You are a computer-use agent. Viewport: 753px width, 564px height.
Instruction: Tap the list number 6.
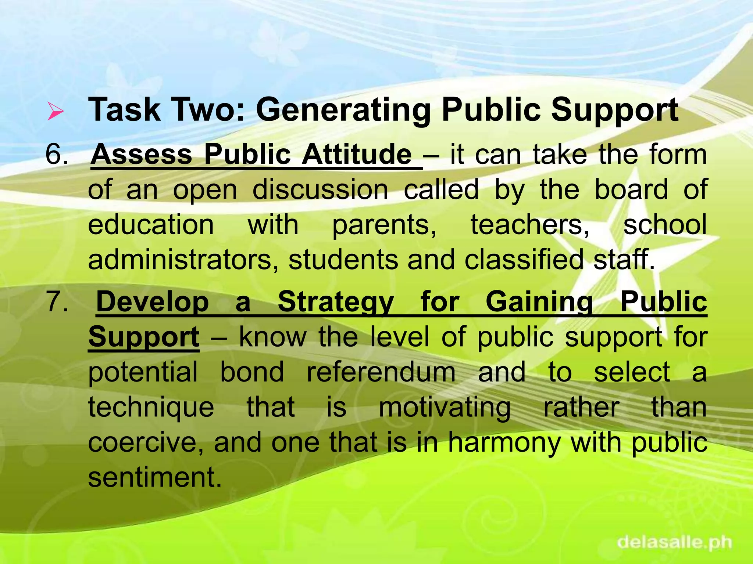[57, 154]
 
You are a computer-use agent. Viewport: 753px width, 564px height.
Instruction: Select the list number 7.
[57, 302]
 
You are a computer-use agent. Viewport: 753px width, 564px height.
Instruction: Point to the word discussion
[320, 190]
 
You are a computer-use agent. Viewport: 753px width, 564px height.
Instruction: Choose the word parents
[384, 225]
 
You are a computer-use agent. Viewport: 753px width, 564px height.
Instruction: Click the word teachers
[530, 224]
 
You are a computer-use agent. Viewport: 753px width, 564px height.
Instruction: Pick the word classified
[524, 260]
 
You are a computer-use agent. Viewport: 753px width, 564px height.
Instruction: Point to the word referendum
[381, 372]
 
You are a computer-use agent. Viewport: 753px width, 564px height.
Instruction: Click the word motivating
[445, 408]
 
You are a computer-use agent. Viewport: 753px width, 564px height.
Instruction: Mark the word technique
[151, 408]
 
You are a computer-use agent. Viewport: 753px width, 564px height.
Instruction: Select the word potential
[143, 372]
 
